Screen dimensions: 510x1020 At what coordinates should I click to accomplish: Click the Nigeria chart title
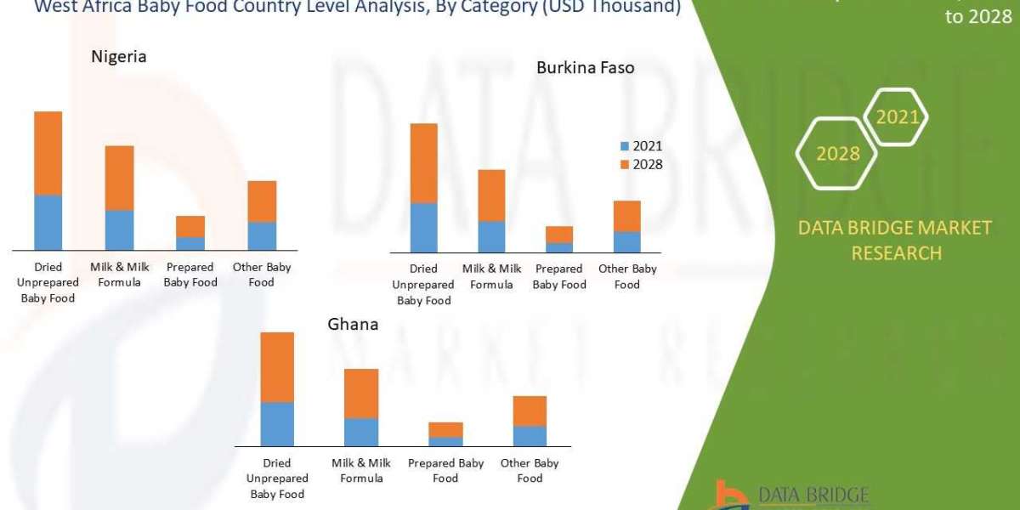click(119, 57)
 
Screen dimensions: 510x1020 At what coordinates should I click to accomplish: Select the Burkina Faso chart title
click(585, 67)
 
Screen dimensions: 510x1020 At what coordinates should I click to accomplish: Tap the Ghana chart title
click(353, 325)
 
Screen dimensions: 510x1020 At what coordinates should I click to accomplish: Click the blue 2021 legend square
click(625, 146)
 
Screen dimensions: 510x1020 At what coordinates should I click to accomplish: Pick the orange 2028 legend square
click(625, 164)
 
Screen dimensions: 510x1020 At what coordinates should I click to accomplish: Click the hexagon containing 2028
click(837, 153)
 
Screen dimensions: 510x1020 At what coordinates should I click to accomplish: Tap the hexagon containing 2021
click(897, 117)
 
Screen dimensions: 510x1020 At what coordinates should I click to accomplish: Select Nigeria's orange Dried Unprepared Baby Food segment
click(48, 153)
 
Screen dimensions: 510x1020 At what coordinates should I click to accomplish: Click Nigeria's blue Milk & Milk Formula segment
click(119, 229)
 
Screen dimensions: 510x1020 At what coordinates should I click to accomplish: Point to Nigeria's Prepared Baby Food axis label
click(190, 275)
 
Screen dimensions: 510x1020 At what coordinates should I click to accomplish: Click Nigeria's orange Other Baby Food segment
click(262, 201)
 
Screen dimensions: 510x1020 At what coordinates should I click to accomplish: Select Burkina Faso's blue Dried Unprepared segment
click(423, 228)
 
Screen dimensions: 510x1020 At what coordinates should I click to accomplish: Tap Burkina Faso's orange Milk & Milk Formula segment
click(491, 195)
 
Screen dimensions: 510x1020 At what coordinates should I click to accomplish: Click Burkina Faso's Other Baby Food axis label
click(626, 276)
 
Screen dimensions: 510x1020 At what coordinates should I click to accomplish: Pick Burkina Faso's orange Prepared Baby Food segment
click(558, 235)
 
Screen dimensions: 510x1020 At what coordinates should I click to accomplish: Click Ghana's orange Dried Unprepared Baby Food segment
click(276, 367)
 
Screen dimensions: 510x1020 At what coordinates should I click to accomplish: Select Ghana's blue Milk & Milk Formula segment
click(360, 432)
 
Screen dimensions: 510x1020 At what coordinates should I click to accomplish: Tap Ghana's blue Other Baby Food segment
click(530, 436)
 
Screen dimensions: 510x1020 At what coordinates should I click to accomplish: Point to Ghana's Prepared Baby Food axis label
click(445, 470)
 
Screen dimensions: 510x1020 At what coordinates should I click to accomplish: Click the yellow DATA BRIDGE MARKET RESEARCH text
click(895, 240)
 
